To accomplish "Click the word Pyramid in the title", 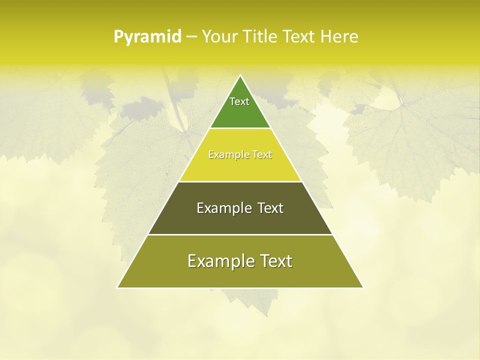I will tap(147, 37).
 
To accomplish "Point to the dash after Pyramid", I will tap(191, 37).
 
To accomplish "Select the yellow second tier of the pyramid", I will tap(240, 167).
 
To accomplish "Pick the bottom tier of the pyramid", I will tap(240, 275).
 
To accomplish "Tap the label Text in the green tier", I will tap(239, 101).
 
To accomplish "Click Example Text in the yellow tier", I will tap(240, 154).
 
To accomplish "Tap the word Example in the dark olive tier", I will tap(222, 208).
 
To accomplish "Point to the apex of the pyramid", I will tap(240, 76).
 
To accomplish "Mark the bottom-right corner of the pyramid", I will tap(363, 287).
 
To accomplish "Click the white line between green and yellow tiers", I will tap(240, 128).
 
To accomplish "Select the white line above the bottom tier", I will tap(240, 234).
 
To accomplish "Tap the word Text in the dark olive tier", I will tap(270, 208).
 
